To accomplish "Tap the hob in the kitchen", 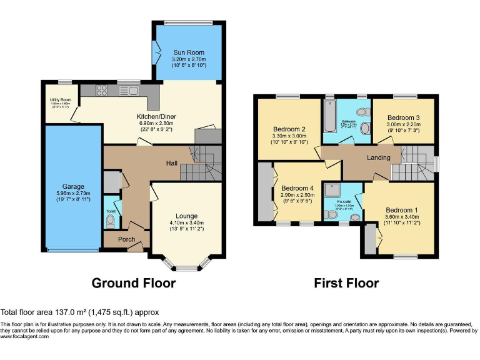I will pos(102,91).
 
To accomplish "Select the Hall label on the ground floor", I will pos(172,163).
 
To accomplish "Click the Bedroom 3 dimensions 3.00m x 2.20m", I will pos(403,124).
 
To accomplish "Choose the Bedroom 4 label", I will pos(297,188).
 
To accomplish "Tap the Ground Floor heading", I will pos(134,283).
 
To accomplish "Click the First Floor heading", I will pos(346,283).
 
